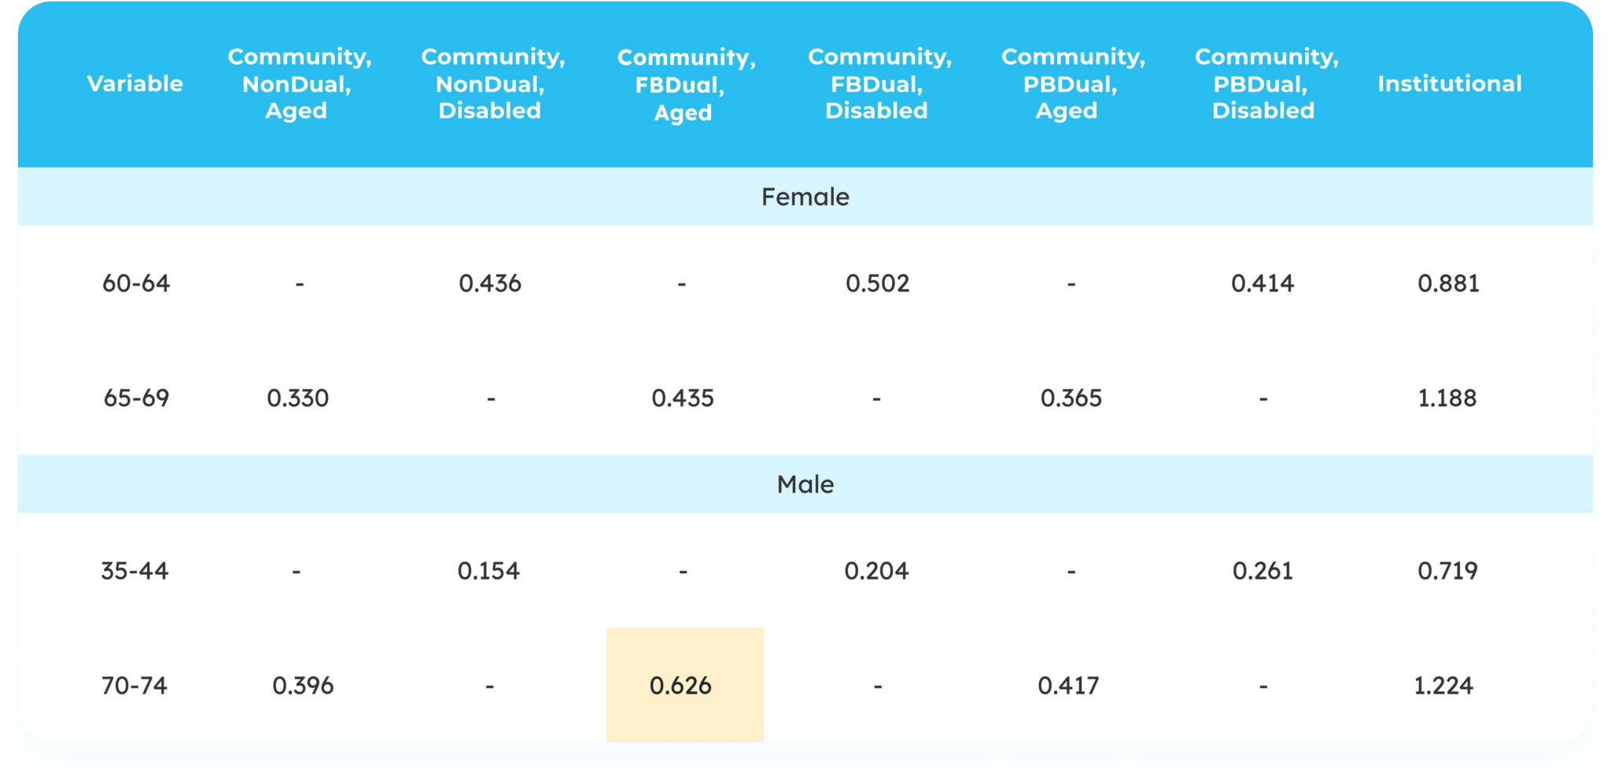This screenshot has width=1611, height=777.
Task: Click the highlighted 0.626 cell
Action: tap(681, 686)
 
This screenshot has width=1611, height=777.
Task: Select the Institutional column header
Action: tap(1449, 83)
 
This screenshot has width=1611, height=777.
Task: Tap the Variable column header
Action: tap(135, 83)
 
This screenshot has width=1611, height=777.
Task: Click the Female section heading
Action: tap(805, 197)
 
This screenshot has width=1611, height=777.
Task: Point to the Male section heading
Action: tap(805, 484)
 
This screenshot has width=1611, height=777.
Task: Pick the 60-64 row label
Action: tap(136, 283)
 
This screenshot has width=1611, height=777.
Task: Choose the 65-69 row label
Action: tap(136, 398)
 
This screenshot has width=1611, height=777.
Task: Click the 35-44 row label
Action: tap(135, 571)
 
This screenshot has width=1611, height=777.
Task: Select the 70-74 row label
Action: tap(135, 686)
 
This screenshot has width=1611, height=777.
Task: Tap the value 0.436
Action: tap(490, 283)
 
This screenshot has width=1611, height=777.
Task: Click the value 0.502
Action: tap(877, 283)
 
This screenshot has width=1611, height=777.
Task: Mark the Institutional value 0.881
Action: tap(1448, 283)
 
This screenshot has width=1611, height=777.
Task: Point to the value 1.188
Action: tap(1447, 398)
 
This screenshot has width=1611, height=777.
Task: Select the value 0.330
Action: tap(297, 398)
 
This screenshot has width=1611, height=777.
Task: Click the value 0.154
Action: tap(488, 571)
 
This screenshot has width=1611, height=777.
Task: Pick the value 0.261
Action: tap(1263, 571)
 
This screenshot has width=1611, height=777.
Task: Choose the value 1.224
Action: tap(1443, 686)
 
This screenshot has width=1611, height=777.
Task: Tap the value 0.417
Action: tap(1068, 686)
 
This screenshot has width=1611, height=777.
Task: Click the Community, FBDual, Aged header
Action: tap(685, 84)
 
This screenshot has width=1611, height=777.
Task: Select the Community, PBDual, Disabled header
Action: tap(1265, 83)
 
